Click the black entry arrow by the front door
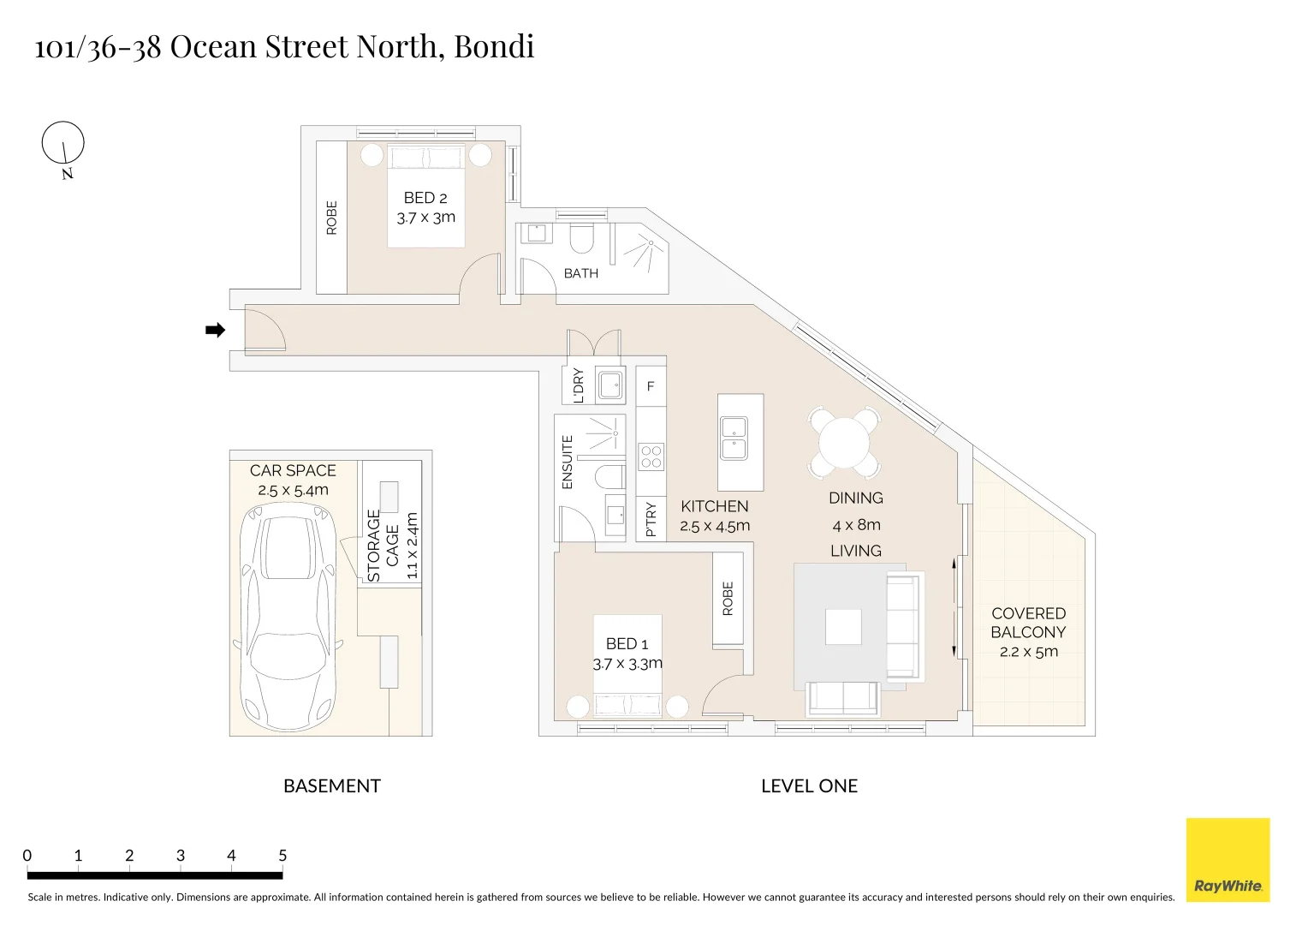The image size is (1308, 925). [215, 330]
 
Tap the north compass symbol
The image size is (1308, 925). [63, 150]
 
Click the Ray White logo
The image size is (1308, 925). [1228, 860]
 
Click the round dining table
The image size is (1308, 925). [844, 442]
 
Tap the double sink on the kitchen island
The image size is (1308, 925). [734, 438]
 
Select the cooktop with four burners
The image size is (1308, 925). [651, 457]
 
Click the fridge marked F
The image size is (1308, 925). [651, 386]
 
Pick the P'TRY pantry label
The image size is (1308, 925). [651, 519]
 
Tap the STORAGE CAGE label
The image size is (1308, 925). [383, 546]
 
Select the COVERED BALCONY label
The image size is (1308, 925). [1028, 623]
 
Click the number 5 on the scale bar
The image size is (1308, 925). [282, 856]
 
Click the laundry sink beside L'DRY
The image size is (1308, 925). [610, 385]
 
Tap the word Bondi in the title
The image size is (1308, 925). [494, 46]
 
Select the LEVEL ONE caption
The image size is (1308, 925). [809, 786]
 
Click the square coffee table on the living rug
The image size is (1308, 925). [843, 626]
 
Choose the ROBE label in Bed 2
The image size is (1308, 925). [331, 218]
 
